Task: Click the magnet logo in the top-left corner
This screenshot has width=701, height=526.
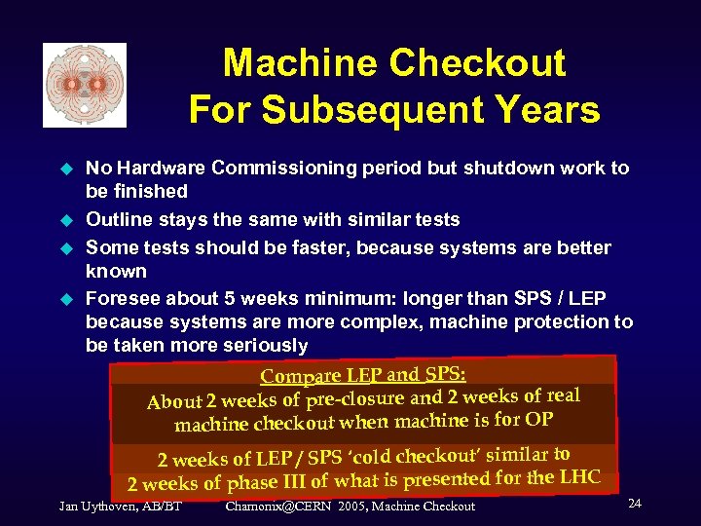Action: (85, 85)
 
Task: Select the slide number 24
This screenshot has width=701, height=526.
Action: (634, 503)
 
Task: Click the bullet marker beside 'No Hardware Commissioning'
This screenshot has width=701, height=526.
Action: (67, 169)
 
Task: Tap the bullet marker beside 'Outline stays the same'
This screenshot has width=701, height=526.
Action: (67, 220)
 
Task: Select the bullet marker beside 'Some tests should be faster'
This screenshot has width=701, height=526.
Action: (67, 247)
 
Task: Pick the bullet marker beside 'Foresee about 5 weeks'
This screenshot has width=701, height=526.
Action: (67, 296)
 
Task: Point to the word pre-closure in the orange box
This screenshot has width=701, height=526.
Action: (354, 398)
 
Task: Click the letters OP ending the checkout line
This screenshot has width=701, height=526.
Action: (537, 419)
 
